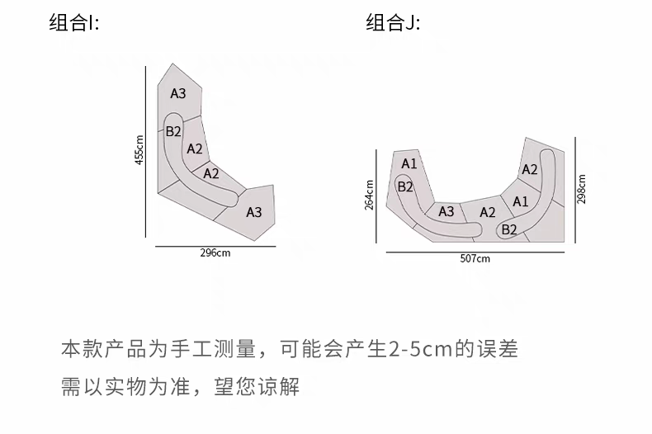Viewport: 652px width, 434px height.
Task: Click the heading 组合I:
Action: pyautogui.click(x=74, y=22)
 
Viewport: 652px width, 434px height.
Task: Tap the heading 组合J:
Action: pyautogui.click(x=393, y=22)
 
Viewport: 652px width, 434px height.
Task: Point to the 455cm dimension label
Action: pyautogui.click(x=139, y=149)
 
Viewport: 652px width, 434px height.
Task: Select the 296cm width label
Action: pyautogui.click(x=215, y=252)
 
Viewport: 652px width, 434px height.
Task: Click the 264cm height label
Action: pyautogui.click(x=369, y=196)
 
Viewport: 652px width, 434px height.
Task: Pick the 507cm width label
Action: pyautogui.click(x=475, y=258)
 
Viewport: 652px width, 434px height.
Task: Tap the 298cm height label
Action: pyautogui.click(x=582, y=189)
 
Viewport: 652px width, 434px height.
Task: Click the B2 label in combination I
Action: pyautogui.click(x=173, y=131)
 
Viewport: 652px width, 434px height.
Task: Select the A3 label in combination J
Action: pyautogui.click(x=446, y=211)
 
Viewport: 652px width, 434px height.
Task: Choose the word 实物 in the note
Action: pyautogui.click(x=123, y=386)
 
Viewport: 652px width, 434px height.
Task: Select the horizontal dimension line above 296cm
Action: pyautogui.click(x=215, y=245)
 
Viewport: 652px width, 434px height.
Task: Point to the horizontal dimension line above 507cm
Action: pyautogui.click(x=475, y=251)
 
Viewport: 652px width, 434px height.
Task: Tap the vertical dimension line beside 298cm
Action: pyautogui.click(x=574, y=189)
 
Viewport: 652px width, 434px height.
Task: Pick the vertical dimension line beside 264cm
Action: pyautogui.click(x=377, y=196)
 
